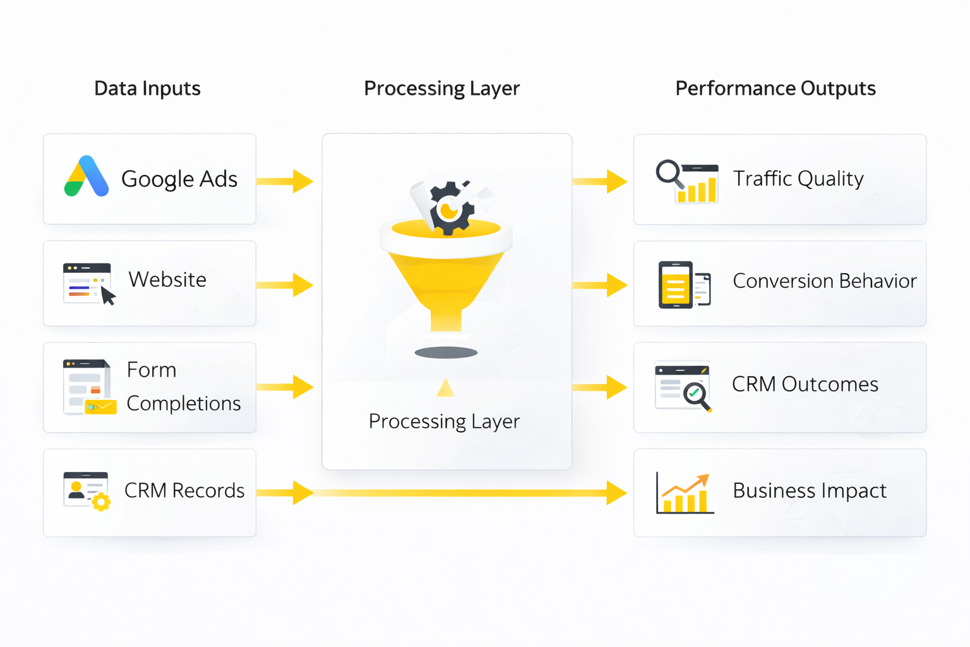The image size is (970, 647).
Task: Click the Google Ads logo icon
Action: (87, 176)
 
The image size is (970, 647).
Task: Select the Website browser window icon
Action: (88, 284)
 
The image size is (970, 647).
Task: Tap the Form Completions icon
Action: (89, 387)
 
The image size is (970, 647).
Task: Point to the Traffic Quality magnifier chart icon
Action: (686, 182)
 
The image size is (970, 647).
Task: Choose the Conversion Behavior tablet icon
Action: (683, 284)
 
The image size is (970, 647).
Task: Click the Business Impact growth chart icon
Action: (685, 493)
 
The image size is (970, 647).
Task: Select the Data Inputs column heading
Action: (147, 88)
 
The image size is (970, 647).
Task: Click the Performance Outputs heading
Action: (775, 88)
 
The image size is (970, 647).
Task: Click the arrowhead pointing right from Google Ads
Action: (302, 181)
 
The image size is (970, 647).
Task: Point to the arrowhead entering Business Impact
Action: (616, 493)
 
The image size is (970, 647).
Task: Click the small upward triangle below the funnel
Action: (446, 388)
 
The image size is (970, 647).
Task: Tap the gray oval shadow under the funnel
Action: (446, 353)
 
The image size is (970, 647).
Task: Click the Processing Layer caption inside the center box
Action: (444, 421)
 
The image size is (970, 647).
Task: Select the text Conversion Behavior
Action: (824, 281)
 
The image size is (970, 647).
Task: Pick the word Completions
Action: (184, 404)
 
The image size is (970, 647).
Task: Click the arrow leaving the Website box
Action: (285, 285)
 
